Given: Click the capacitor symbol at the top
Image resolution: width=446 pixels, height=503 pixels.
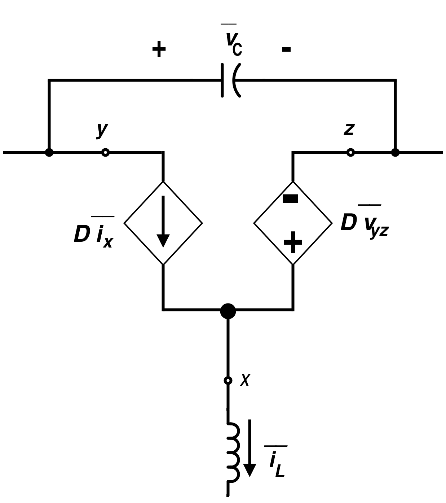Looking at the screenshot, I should pyautogui.click(x=230, y=80).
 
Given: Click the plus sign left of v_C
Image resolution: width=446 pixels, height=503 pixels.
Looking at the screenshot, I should pyautogui.click(x=159, y=49).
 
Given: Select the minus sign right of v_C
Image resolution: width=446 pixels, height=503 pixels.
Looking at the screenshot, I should pyautogui.click(x=286, y=49).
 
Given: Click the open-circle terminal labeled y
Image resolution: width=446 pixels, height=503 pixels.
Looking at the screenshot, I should pyautogui.click(x=105, y=153).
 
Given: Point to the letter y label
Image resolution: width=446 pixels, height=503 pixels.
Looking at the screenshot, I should pyautogui.click(x=102, y=129).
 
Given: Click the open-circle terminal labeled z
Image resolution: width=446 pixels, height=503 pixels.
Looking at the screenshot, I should pyautogui.click(x=350, y=153).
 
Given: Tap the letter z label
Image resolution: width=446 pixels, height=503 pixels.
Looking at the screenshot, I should pyautogui.click(x=349, y=129).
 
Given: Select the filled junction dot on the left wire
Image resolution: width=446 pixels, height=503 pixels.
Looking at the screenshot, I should pyautogui.click(x=49, y=153).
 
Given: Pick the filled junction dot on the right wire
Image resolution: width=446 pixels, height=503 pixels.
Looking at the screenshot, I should pyautogui.click(x=395, y=153).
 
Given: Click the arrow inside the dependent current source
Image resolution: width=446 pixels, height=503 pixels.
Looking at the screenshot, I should pyautogui.click(x=163, y=222).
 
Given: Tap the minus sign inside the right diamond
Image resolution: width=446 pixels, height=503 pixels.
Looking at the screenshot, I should pyautogui.click(x=290, y=199).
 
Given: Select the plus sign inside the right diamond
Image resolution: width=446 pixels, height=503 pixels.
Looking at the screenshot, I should pyautogui.click(x=292, y=242).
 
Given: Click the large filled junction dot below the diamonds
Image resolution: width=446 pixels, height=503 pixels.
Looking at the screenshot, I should pyautogui.click(x=228, y=311).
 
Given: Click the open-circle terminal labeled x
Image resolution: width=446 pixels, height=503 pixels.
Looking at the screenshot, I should pyautogui.click(x=228, y=380).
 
